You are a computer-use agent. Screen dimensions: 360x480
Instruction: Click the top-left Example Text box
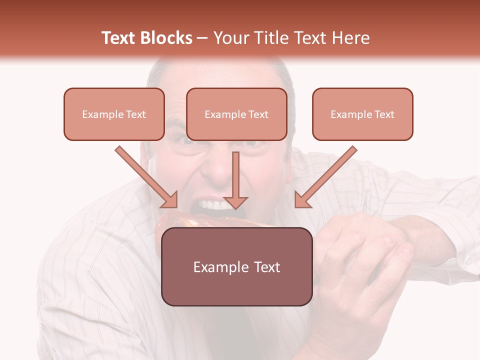[114, 114]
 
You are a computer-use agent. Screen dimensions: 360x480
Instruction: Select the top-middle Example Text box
[236, 114]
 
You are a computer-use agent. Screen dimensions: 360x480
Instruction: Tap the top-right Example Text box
[362, 114]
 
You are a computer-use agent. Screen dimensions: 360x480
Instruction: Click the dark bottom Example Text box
[236, 266]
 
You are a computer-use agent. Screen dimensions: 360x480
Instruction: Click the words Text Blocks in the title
[146, 38]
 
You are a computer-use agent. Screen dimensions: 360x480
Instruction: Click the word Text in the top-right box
[384, 114]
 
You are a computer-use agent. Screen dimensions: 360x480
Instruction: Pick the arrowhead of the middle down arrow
[235, 202]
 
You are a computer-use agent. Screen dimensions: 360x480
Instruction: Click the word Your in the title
[229, 38]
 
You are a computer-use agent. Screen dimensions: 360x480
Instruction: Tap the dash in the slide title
[202, 38]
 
